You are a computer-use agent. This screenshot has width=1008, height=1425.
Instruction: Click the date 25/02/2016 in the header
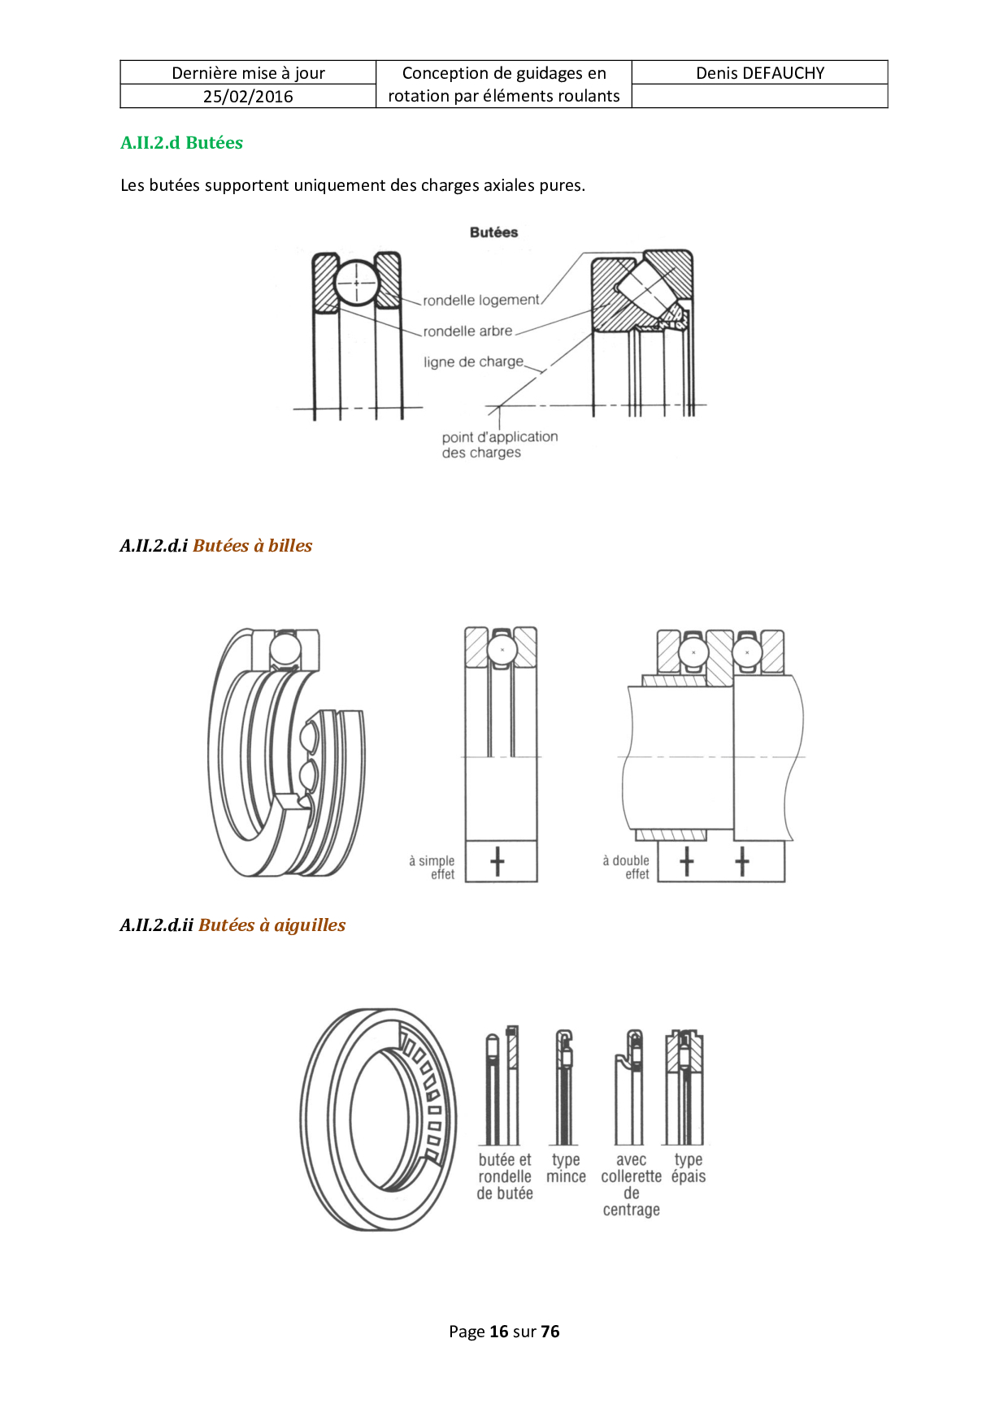[248, 97]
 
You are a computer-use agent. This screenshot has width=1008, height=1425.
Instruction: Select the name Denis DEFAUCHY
[760, 73]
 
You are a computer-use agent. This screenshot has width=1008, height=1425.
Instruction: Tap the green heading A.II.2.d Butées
[182, 143]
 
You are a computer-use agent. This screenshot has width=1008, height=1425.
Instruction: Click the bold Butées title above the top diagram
[493, 232]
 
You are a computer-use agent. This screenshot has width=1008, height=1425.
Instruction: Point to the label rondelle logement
[481, 301]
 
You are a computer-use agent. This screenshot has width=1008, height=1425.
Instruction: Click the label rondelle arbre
[467, 331]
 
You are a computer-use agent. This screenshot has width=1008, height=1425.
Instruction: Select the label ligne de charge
[473, 362]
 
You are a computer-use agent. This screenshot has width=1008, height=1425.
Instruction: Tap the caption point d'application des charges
[500, 445]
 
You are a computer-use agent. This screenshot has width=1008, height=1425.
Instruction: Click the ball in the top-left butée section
[356, 283]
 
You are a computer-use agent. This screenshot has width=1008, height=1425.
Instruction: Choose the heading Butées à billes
[253, 546]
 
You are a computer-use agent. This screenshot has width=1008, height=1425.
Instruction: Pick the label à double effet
[626, 868]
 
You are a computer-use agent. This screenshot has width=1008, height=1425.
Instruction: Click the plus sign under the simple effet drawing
[497, 862]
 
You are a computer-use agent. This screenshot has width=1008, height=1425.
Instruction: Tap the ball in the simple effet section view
[502, 650]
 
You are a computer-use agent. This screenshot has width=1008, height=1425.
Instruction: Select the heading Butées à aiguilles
[272, 925]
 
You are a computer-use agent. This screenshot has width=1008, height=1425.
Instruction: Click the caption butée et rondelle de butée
[505, 1176]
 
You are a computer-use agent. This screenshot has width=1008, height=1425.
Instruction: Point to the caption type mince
[567, 1168]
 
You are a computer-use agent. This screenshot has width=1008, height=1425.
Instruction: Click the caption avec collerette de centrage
[632, 1185]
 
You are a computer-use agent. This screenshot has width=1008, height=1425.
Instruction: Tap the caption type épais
[689, 1168]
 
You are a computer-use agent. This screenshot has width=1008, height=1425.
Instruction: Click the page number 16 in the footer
[499, 1332]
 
